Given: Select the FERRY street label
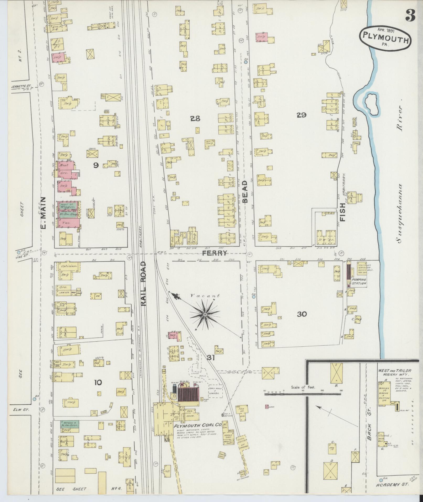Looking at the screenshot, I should click(215, 253).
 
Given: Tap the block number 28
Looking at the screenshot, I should click(195, 119).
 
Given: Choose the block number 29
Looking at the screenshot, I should click(301, 115).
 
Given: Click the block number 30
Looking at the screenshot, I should click(302, 314).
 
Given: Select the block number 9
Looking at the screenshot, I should click(96, 165).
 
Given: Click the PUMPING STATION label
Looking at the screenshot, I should click(359, 282).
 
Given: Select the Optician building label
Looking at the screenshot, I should click(69, 266).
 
